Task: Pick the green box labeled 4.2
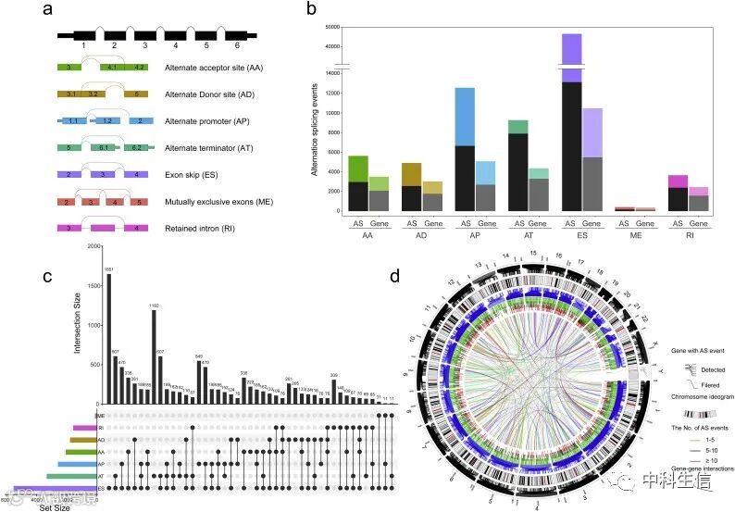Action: (140, 68)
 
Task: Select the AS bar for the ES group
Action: (571, 130)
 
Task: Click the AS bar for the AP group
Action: (465, 148)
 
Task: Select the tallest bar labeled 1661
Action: (108, 338)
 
